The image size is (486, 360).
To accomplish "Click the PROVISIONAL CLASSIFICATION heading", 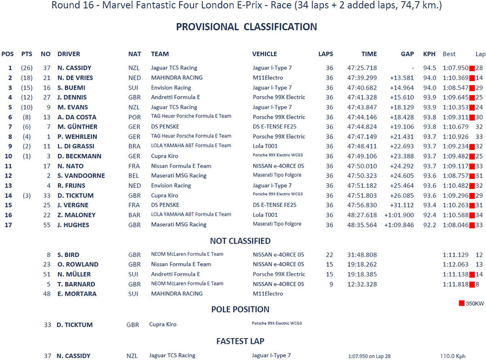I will coord(246,27).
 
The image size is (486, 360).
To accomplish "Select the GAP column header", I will coord(407,54).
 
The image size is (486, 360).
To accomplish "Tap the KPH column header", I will coord(429,54).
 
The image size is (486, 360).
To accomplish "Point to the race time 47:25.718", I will coord(362,68).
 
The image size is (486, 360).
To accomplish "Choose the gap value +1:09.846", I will coord(399,225).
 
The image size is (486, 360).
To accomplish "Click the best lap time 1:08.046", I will coord(455,225).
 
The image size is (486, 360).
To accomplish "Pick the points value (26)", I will coord(27,68).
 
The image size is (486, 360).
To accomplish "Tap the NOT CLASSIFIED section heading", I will coord(240,241).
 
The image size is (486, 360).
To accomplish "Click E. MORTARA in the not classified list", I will coord(77,294).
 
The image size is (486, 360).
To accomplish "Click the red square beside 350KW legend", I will coord(461,303).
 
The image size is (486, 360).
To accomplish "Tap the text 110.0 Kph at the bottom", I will coord(453,356).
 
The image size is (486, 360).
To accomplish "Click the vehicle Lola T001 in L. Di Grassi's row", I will coord(266,146).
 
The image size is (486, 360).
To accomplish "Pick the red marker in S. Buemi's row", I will coord(471,88).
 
